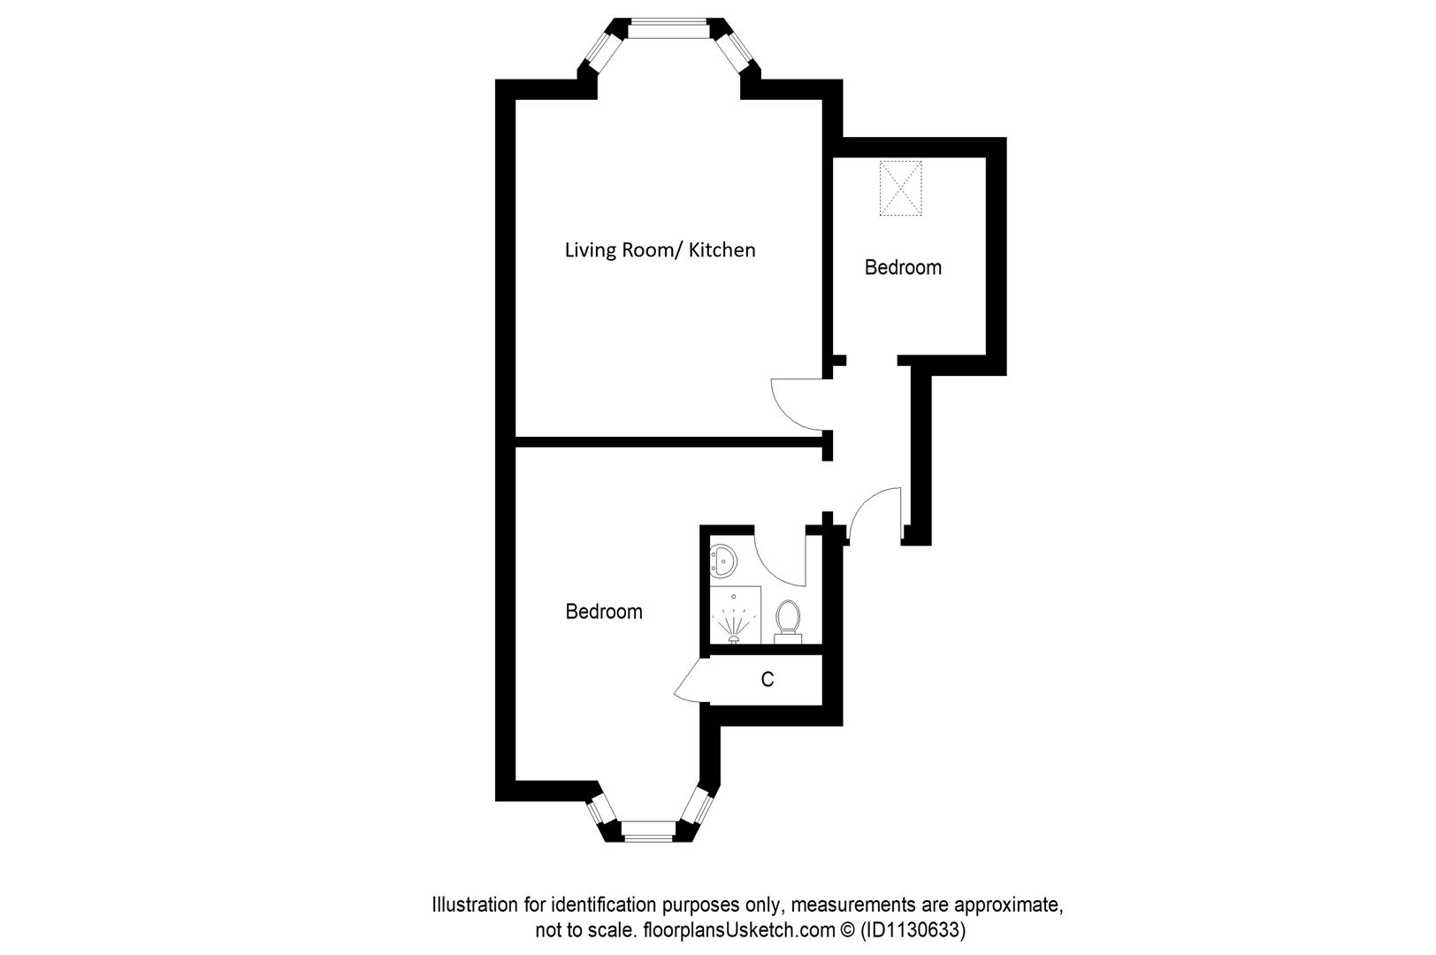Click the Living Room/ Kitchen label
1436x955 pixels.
(660, 250)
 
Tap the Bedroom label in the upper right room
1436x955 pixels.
(903, 267)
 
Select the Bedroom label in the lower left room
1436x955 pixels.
(604, 611)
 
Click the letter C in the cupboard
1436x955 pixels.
(768, 679)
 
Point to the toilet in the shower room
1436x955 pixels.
(787, 619)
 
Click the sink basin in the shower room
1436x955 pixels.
(724, 560)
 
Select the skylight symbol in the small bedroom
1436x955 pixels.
(901, 188)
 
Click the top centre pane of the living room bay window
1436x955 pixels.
(668, 29)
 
